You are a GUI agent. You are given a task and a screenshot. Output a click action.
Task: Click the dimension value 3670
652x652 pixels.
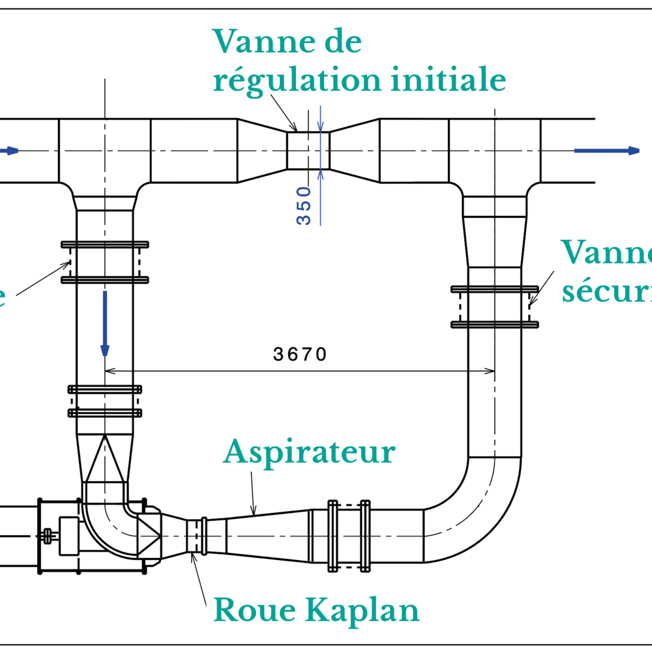tap(299, 355)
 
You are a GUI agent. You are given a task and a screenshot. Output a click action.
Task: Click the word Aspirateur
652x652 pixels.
tap(309, 452)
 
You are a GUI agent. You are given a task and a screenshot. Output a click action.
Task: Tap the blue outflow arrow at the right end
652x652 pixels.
tap(606, 151)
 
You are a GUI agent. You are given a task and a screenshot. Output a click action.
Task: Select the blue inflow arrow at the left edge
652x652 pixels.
tap(9, 151)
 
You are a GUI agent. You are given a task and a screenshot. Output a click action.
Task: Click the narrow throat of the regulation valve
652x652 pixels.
tap(308, 150)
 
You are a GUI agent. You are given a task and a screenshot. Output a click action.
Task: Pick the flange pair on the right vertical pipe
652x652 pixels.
tap(495, 306)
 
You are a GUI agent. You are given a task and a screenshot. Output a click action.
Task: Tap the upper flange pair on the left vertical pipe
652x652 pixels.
tap(104, 262)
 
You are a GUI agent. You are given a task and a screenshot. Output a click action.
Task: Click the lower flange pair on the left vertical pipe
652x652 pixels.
tap(104, 401)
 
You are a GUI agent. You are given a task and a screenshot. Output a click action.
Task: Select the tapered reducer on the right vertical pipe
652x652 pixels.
tap(495, 241)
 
